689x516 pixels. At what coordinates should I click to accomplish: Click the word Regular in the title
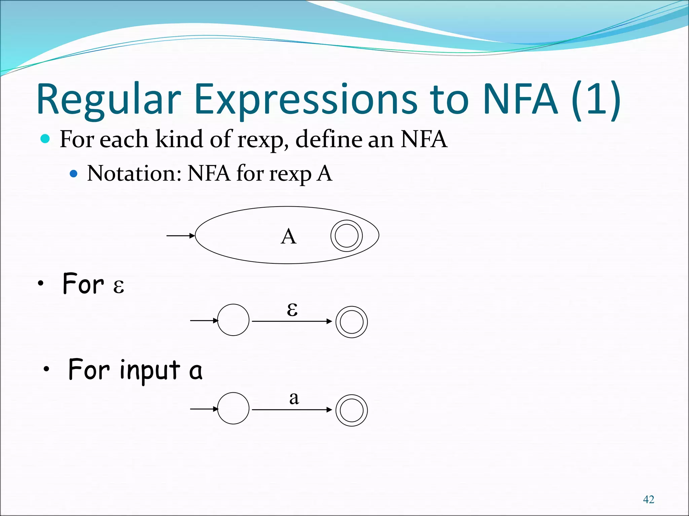click(x=108, y=100)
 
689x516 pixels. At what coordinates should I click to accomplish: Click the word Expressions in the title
click(x=305, y=100)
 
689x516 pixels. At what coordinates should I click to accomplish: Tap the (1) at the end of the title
click(x=596, y=100)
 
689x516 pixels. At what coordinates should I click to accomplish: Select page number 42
click(x=648, y=500)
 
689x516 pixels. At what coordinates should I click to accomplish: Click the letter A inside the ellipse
click(x=288, y=236)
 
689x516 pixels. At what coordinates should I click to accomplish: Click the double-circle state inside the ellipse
click(x=347, y=235)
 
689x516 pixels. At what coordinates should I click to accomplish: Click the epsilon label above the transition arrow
click(x=292, y=309)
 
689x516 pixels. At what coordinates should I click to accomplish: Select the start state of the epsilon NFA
click(x=233, y=320)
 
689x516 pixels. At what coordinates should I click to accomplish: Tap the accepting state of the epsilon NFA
click(x=352, y=322)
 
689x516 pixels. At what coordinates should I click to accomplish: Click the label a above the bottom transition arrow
click(x=294, y=398)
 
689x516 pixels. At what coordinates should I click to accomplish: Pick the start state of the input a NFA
click(x=233, y=408)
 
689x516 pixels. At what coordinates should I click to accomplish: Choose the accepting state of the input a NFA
click(x=352, y=410)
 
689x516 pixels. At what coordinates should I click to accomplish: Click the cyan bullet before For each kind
click(x=45, y=138)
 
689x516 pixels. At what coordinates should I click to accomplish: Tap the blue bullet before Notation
click(x=73, y=174)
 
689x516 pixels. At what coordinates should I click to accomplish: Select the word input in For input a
click(x=150, y=370)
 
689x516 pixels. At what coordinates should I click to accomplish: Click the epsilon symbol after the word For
click(x=118, y=286)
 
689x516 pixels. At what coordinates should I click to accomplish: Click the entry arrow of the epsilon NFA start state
click(x=204, y=320)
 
